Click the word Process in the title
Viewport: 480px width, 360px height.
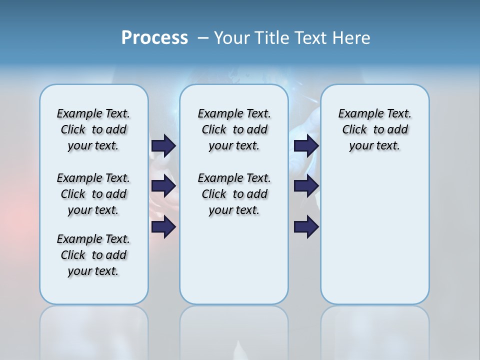tap(154, 38)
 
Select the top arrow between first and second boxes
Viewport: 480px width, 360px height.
tap(163, 145)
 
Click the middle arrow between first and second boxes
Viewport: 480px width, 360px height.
tap(163, 186)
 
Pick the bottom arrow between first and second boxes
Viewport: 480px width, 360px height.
tap(163, 227)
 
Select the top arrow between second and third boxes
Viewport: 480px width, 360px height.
tap(306, 145)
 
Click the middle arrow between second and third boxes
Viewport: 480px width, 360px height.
tap(306, 186)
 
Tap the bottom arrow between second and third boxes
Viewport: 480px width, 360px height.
tap(306, 227)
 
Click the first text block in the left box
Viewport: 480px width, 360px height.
tap(93, 129)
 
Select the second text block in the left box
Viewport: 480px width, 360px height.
tap(93, 194)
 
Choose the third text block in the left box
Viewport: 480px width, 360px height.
tap(93, 255)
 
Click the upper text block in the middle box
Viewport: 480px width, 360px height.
tap(234, 129)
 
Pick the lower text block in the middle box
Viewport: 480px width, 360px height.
tap(234, 194)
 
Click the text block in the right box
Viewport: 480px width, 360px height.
tap(374, 129)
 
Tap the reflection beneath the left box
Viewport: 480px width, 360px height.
tap(93, 330)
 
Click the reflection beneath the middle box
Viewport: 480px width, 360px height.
tap(234, 330)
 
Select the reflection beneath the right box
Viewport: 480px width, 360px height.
tap(374, 330)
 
